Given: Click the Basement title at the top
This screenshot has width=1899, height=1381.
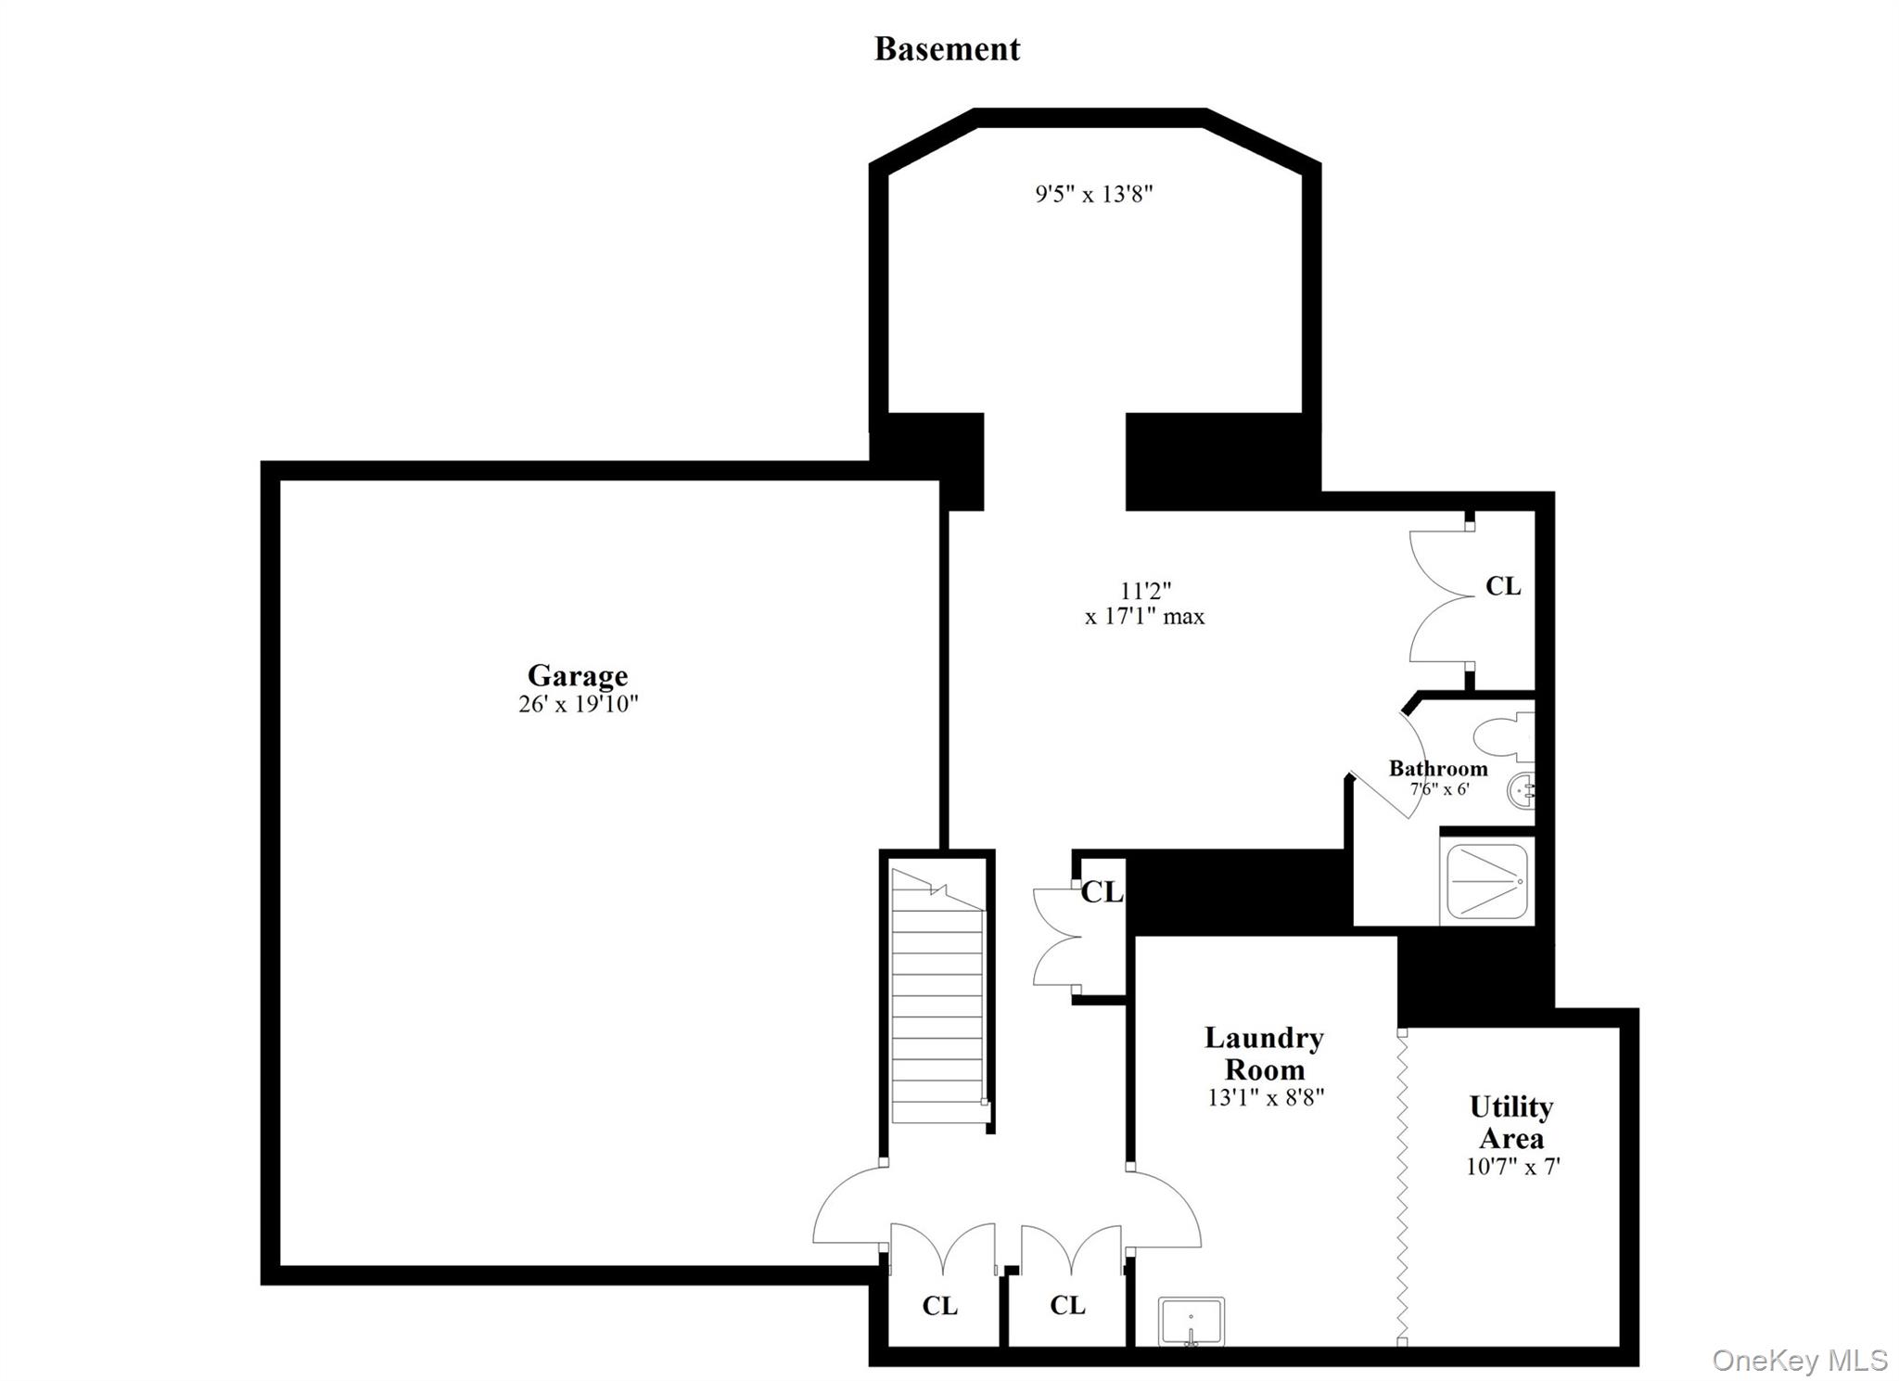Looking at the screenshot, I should tap(947, 49).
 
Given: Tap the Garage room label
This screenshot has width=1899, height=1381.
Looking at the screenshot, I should tap(578, 674).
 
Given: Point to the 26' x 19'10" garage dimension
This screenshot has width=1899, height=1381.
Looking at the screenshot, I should tap(579, 704).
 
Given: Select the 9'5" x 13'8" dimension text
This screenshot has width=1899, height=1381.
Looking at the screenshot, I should tap(1094, 194).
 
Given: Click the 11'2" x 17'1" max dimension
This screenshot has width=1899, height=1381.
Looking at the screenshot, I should tap(1145, 604).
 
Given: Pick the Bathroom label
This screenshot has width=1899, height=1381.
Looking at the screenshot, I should tap(1437, 768).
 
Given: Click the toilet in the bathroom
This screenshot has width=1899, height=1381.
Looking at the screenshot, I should tap(1503, 737).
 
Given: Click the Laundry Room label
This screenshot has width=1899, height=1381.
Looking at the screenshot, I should tap(1264, 1053).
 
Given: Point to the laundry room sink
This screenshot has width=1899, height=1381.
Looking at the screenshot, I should tap(1192, 1321).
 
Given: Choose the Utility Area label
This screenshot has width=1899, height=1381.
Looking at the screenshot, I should tap(1510, 1122).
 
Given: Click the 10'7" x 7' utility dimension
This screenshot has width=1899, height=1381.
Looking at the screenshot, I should tap(1512, 1166).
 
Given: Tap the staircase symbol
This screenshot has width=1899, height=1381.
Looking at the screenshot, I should tap(937, 997).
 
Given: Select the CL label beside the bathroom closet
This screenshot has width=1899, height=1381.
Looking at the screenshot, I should tap(1503, 586).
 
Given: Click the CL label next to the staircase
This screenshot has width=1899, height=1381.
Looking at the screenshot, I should tap(1102, 892).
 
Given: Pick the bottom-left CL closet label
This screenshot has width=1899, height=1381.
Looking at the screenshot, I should tap(939, 1306).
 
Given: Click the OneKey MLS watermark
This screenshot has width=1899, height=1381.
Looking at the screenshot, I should tap(1799, 1360).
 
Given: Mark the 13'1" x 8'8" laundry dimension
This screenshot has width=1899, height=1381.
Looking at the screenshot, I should tap(1265, 1097).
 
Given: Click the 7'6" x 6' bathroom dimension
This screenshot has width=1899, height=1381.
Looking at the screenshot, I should tap(1439, 790).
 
